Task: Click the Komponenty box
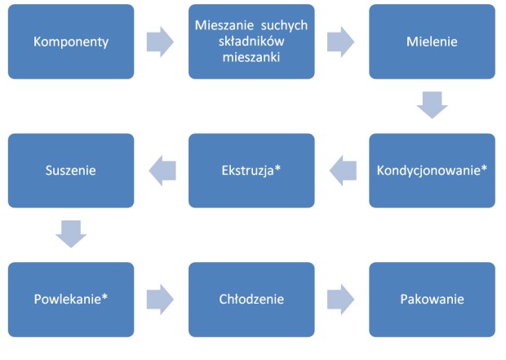[70, 42]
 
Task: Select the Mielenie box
[432, 42]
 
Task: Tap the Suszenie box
[70, 171]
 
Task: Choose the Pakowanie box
[432, 300]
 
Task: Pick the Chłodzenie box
[251, 300]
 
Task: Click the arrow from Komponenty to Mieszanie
[161, 42]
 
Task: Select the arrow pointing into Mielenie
[341, 42]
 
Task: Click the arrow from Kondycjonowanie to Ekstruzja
[342, 171]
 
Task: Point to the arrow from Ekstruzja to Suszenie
[161, 171]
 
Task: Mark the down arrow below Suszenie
[70, 234]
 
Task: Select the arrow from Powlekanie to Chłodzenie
[161, 300]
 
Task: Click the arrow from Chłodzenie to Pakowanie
[341, 300]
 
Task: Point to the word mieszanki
[251, 58]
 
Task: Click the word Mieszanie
[224, 25]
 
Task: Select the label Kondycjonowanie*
[432, 171]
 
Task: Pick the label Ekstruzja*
[251, 171]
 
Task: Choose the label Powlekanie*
[70, 300]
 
